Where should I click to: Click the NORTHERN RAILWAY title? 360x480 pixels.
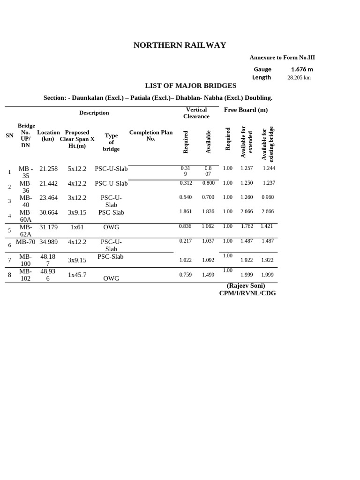pyautogui.click(x=180, y=45)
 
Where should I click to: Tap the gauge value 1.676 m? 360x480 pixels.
pyautogui.click(x=302, y=69)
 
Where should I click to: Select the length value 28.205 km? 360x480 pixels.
pyautogui.click(x=299, y=78)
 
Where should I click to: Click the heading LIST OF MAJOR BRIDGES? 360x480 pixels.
pyautogui.click(x=190, y=86)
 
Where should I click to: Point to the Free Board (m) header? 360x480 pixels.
pyautogui.click(x=246, y=110)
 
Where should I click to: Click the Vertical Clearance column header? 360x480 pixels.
pyautogui.click(x=196, y=113)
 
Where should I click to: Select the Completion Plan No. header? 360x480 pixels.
pyautogui.click(x=151, y=136)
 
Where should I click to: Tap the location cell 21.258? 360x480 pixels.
pyautogui.click(x=49, y=169)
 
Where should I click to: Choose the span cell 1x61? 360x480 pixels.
pyautogui.click(x=77, y=227)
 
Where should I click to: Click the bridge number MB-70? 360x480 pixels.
pyautogui.click(x=25, y=242)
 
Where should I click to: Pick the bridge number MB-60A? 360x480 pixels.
pyautogui.click(x=25, y=216)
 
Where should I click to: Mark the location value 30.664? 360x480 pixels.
pyautogui.click(x=49, y=213)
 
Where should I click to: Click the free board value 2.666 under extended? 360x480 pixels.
pyautogui.click(x=247, y=211)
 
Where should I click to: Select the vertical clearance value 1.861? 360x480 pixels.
pyautogui.click(x=186, y=211)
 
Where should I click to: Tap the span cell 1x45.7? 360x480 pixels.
pyautogui.click(x=77, y=275)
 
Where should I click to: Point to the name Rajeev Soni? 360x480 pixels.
pyautogui.click(x=246, y=285)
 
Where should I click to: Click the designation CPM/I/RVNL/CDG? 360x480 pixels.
pyautogui.click(x=247, y=293)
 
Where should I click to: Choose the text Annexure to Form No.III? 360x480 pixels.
pyautogui.click(x=282, y=58)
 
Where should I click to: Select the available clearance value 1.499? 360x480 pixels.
pyautogui.click(x=208, y=275)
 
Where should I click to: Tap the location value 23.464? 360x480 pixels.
pyautogui.click(x=49, y=198)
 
